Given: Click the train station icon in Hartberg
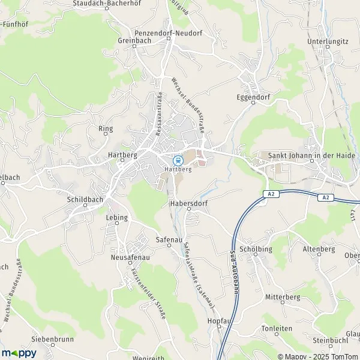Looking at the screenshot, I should click(178, 160).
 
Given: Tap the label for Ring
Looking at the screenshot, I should click(106, 128).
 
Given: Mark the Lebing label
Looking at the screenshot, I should click(117, 217).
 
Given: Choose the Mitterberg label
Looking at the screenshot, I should click(283, 297).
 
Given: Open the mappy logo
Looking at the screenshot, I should click(19, 353).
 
